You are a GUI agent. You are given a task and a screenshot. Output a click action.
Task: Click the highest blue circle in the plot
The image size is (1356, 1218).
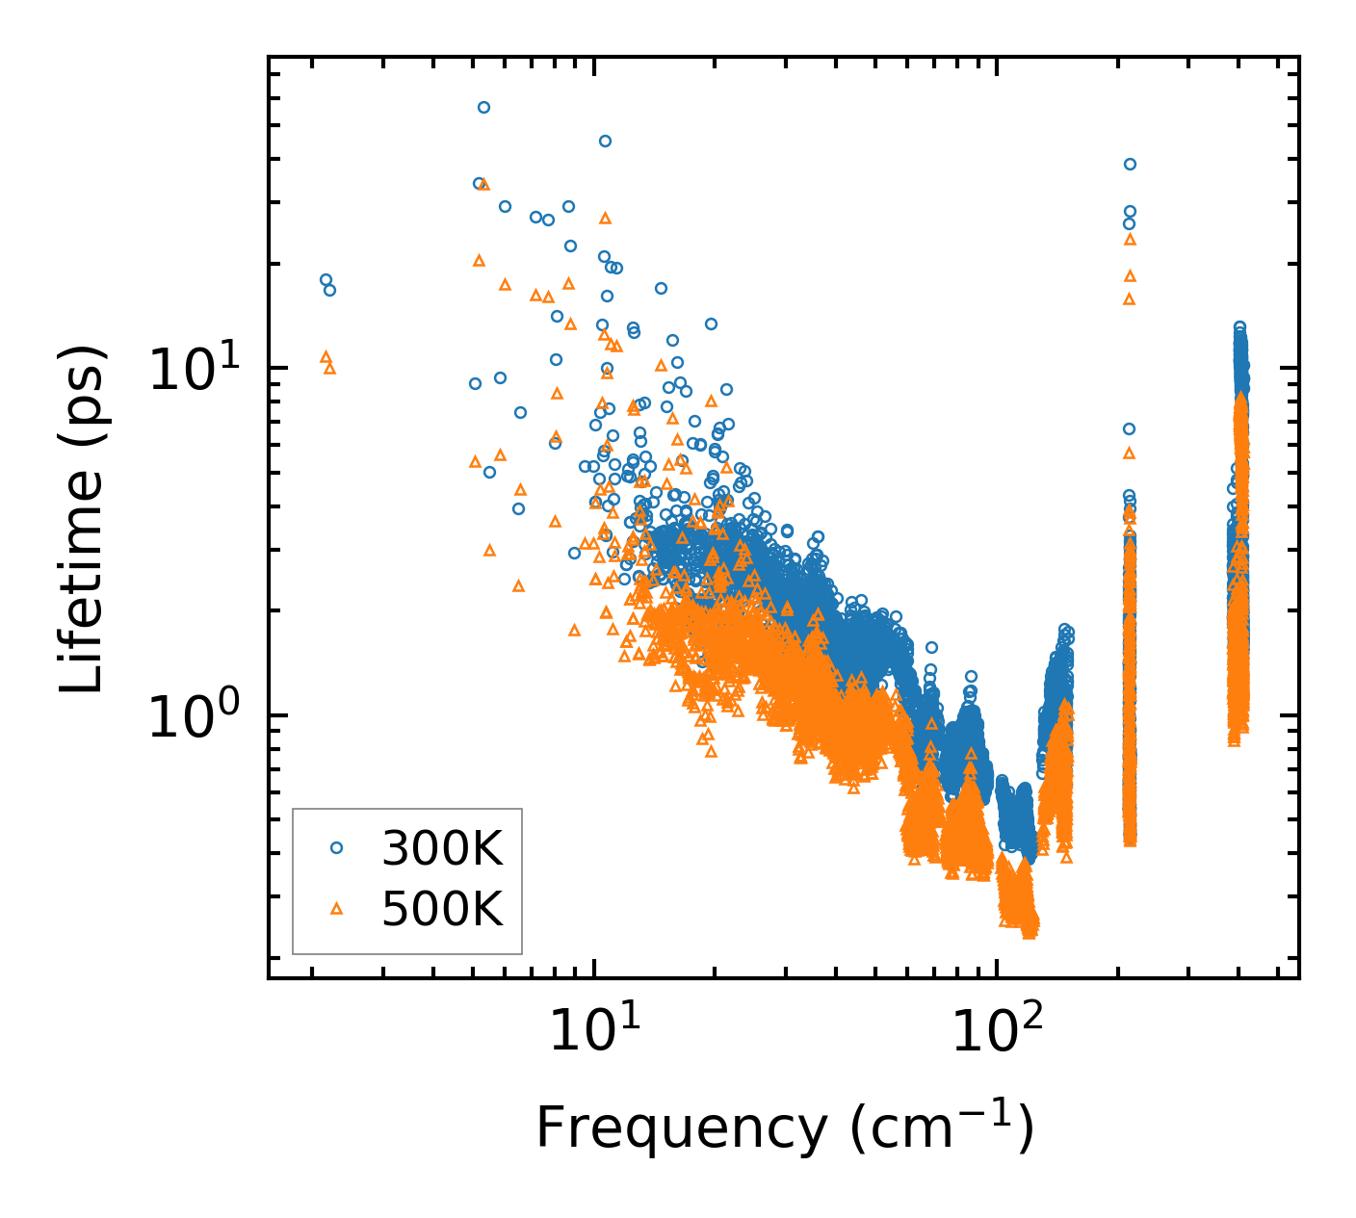483,107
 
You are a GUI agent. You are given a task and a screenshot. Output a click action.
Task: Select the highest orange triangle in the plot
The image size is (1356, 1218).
484,184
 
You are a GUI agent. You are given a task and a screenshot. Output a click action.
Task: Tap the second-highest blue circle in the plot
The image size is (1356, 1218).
605,141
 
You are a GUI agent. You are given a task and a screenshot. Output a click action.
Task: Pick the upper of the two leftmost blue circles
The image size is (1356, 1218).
326,279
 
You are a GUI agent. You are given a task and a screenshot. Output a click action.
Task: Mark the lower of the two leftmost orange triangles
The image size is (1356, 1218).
329,368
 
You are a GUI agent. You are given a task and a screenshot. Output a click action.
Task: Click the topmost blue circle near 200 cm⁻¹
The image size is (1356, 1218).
1130,164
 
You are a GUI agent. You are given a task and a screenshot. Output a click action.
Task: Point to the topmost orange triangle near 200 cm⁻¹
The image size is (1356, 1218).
1130,239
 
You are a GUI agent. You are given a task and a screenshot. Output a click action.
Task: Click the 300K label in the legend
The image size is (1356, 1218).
442,848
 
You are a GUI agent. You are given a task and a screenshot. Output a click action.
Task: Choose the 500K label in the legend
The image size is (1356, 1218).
442,908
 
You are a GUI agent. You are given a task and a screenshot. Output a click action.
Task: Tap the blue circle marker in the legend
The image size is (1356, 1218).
336,847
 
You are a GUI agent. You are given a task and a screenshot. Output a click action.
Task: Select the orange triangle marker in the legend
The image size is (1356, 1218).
336,908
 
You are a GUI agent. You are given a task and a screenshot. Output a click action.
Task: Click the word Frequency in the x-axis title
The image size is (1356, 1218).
681,1127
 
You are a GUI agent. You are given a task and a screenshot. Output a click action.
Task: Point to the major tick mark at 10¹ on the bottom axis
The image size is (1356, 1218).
594,969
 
